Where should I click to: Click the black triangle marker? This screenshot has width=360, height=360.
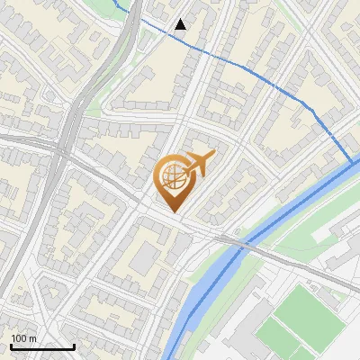coord(181,24)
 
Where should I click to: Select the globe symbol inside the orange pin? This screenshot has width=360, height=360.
coord(171,177)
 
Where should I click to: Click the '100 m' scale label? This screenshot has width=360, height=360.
coord(23,338)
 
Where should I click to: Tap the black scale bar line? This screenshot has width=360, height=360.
coord(42,346)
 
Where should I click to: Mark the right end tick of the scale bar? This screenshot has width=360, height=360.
coord(74,345)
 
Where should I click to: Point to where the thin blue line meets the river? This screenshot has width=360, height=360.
coord(351,163)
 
